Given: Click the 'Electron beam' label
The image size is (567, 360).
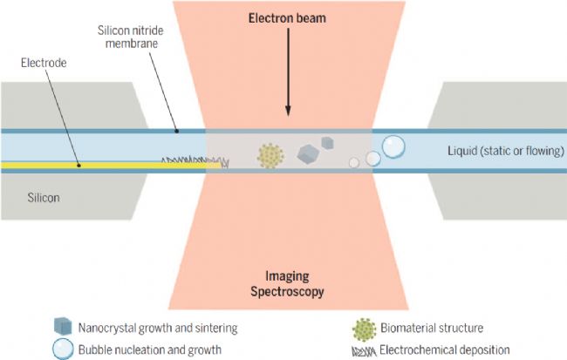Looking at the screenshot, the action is pyautogui.click(x=287, y=18).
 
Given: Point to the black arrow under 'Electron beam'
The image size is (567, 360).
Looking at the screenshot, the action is pyautogui.click(x=288, y=72).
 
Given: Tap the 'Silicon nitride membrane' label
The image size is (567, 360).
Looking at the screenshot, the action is pyautogui.click(x=131, y=37).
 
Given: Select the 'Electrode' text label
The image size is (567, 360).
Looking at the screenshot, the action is pyautogui.click(x=44, y=63).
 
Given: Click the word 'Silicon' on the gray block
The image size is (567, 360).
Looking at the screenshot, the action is pyautogui.click(x=44, y=198).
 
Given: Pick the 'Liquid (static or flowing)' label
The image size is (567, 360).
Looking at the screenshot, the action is pyautogui.click(x=506, y=150).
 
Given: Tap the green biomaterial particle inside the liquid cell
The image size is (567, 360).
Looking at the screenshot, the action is pyautogui.click(x=270, y=156).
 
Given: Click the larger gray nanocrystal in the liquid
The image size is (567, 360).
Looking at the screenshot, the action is pyautogui.click(x=308, y=154).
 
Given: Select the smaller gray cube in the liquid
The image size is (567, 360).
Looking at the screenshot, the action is pyautogui.click(x=327, y=143).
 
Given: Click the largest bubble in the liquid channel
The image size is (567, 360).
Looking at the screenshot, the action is pyautogui.click(x=393, y=146).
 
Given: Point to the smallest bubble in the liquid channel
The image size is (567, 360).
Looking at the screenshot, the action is pyautogui.click(x=354, y=163).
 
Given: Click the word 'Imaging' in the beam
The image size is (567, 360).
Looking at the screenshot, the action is pyautogui.click(x=288, y=276).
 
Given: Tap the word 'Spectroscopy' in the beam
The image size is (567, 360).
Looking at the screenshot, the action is pyautogui.click(x=288, y=291).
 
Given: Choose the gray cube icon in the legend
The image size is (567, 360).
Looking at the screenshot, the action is pyautogui.click(x=63, y=326).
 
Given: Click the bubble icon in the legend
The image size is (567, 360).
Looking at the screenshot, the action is pyautogui.click(x=63, y=349).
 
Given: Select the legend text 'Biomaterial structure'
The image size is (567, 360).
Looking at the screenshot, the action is pyautogui.click(x=432, y=329).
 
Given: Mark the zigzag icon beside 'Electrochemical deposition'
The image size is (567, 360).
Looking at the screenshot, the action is pyautogui.click(x=364, y=351).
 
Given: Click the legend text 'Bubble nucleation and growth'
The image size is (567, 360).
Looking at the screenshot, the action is pyautogui.click(x=150, y=350).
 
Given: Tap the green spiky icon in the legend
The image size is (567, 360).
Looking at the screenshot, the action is pyautogui.click(x=364, y=330).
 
